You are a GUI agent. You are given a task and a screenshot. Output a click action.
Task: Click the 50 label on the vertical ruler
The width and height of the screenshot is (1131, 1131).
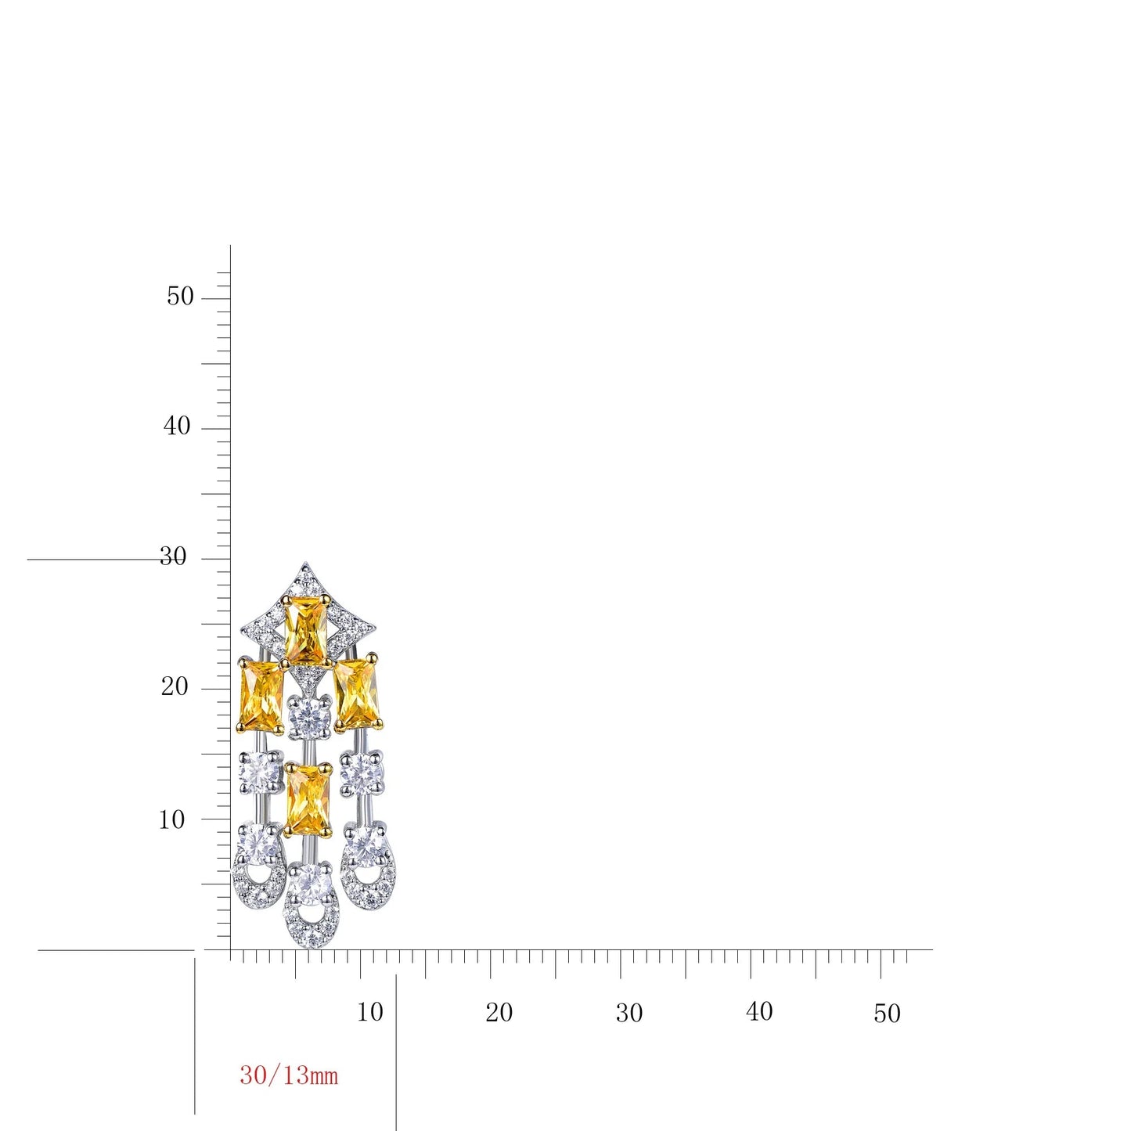pos(180,297)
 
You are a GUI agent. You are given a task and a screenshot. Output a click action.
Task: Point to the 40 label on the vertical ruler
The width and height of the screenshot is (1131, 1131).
pos(177,426)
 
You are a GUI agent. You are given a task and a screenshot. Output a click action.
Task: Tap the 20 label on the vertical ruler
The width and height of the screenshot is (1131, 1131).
pos(175,686)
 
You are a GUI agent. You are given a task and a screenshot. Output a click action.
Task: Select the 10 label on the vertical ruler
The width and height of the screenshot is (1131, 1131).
pos(172,819)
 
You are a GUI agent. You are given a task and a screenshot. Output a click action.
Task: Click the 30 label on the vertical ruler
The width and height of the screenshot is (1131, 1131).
pos(173,556)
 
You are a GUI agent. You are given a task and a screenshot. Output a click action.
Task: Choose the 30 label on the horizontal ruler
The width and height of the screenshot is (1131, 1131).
pos(630,1013)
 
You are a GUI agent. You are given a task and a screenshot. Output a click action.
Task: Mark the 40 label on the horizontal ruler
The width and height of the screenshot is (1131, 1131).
pos(759,1011)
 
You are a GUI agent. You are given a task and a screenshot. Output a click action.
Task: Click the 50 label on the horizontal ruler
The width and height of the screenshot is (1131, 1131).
pos(887,1014)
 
